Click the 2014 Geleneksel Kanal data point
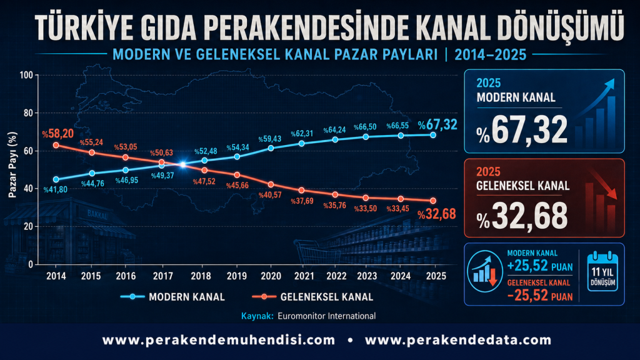[56, 145]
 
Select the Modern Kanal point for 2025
[433, 135]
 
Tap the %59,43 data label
[270, 139]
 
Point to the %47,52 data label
[204, 181]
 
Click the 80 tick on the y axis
[28, 113]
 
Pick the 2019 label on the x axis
[237, 276]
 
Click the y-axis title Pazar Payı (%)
[12, 165]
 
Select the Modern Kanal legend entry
[172, 297]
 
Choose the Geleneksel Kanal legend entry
[312, 297]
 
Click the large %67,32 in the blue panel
[522, 129]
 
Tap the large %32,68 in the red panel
[522, 216]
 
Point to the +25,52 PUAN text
[539, 266]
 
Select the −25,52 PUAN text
[539, 296]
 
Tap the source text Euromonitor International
[326, 316]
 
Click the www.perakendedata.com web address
[458, 340]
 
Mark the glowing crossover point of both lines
[182, 164]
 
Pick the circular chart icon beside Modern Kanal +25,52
[484, 271]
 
